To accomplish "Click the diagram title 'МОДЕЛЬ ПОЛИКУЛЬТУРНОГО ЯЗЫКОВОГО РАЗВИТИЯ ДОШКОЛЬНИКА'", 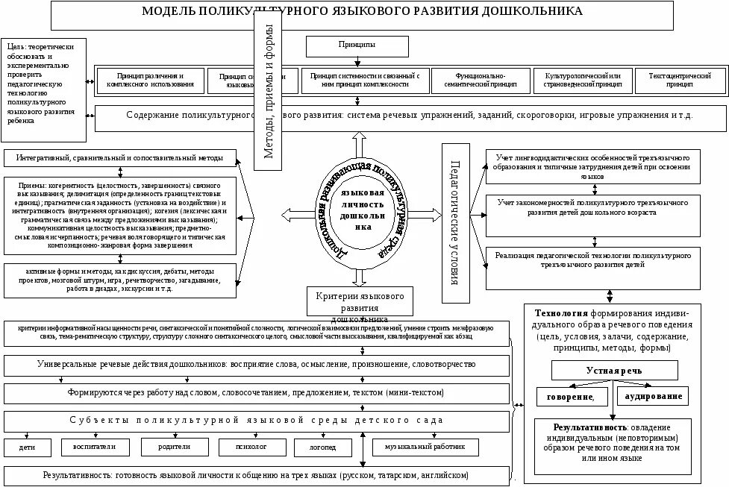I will click(x=363, y=12).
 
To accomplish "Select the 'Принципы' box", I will click(x=357, y=46).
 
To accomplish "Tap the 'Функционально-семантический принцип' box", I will click(x=479, y=81).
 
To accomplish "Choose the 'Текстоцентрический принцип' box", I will click(x=680, y=81).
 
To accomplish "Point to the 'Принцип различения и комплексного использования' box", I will click(x=150, y=81).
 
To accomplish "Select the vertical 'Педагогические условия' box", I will click(x=454, y=223).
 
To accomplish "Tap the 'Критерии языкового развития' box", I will click(x=360, y=302).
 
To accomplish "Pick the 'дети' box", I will click(x=28, y=447).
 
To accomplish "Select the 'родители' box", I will click(x=175, y=447).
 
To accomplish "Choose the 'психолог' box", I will click(x=252, y=447).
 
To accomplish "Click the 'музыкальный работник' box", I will click(x=425, y=447).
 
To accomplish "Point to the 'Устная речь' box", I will click(x=614, y=371).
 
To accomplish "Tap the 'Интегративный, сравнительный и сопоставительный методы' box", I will click(x=119, y=158).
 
